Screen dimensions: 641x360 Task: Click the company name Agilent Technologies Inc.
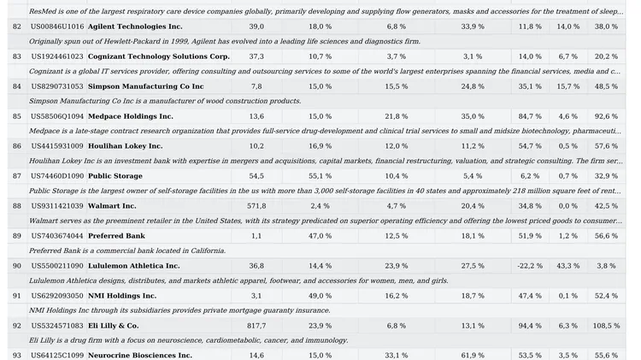coord(135,27)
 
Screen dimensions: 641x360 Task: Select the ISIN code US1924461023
coord(57,56)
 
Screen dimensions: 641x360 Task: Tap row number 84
coord(17,86)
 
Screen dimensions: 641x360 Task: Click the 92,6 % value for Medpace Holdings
coord(606,116)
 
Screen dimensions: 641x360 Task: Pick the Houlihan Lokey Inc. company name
coord(125,146)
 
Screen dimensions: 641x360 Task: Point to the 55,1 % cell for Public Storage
coord(320,176)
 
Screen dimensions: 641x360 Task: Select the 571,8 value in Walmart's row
coord(256,206)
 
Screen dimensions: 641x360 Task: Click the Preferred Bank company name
coord(116,236)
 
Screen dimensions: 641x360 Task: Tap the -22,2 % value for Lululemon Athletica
coord(530,266)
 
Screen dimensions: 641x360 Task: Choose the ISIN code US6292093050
coord(57,296)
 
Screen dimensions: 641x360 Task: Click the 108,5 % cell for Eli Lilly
coord(606,326)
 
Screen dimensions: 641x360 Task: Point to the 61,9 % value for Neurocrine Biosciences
coord(473,356)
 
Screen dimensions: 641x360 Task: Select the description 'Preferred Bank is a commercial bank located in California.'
coord(127,251)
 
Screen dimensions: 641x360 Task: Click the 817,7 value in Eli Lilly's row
coord(256,326)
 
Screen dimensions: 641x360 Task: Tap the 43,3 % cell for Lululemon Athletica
coord(567,266)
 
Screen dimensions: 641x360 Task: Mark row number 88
coord(17,206)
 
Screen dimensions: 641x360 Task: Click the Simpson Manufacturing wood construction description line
coord(165,101)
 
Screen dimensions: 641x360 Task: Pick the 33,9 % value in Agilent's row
coord(473,27)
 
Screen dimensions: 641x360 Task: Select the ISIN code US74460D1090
coord(57,176)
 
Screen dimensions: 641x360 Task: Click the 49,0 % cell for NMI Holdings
coord(320,296)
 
